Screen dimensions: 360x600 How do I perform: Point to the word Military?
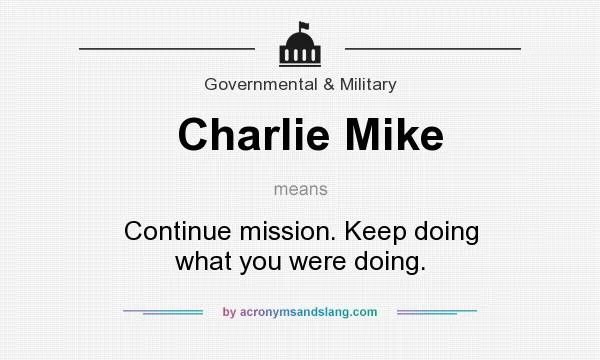(x=366, y=84)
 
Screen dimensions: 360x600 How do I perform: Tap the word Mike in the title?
(x=393, y=135)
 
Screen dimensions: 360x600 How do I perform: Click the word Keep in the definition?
(x=374, y=231)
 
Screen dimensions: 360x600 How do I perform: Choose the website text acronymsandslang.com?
(x=308, y=312)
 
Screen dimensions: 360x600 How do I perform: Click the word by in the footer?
(x=229, y=312)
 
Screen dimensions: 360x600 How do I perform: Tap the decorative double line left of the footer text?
(x=163, y=312)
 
